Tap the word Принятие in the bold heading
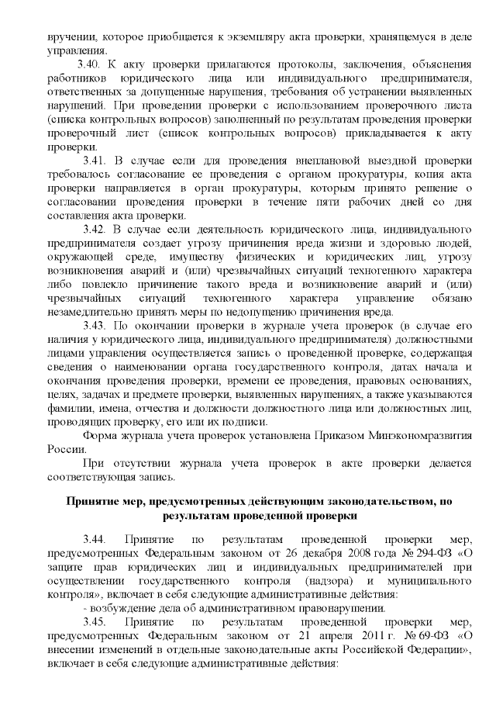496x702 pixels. click(96, 501)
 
